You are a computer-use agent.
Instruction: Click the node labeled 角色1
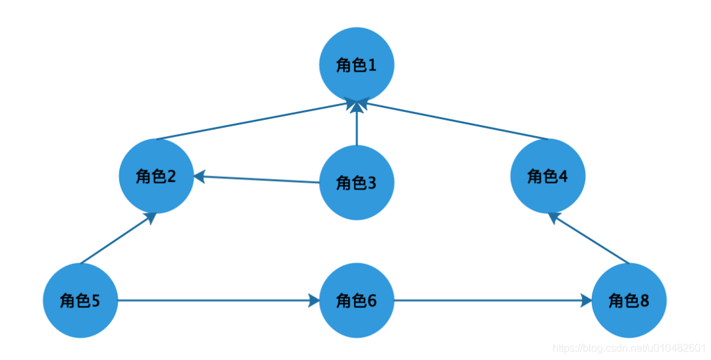[357, 64]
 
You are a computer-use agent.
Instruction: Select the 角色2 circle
[157, 176]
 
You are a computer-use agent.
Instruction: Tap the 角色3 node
[357, 183]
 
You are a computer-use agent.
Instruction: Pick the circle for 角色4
[548, 176]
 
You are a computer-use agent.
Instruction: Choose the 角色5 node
[81, 300]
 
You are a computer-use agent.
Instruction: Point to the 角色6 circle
[357, 300]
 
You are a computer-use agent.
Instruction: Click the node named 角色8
[629, 300]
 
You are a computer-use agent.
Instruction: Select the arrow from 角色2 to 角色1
[257, 120]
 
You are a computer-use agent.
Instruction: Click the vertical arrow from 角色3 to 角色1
[357, 123]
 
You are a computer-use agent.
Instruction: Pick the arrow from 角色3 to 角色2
[257, 179]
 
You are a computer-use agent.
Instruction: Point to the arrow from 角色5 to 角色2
[118, 238]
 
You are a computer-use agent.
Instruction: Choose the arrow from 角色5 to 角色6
[219, 300]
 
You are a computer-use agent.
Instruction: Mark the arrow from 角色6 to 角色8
[493, 300]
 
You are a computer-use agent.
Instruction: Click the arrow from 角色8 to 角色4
[589, 238]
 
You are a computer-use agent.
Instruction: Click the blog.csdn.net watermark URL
[629, 348]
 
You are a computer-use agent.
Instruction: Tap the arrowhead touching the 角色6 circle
[314, 300]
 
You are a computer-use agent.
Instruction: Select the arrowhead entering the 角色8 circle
[587, 300]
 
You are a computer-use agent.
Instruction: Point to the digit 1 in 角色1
[372, 65]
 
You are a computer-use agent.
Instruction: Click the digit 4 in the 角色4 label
[563, 176]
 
